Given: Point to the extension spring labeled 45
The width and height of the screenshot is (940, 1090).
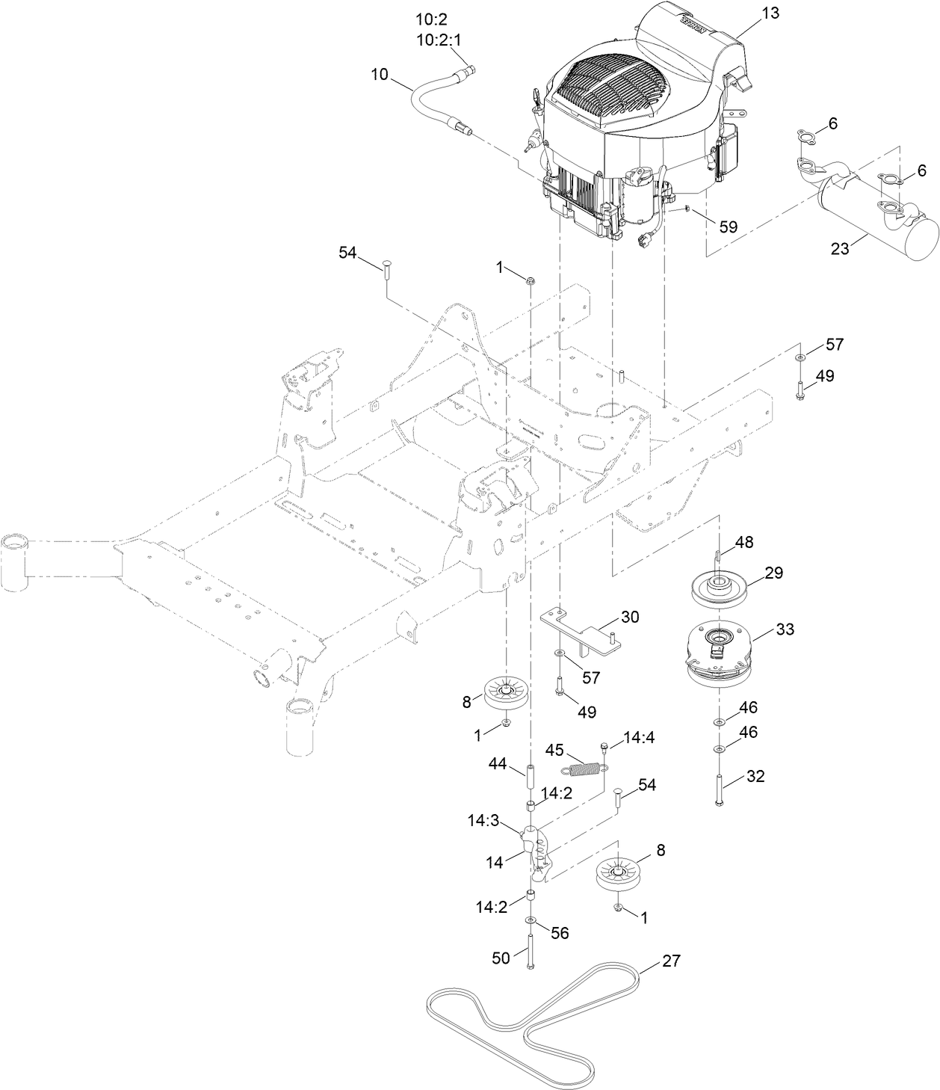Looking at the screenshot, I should pyautogui.click(x=583, y=767).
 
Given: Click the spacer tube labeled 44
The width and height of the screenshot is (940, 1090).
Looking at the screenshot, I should pyautogui.click(x=530, y=777).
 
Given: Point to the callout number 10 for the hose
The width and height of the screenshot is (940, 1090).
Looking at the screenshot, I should pyautogui.click(x=380, y=73).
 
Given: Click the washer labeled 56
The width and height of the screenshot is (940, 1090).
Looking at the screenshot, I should pyautogui.click(x=530, y=919).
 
